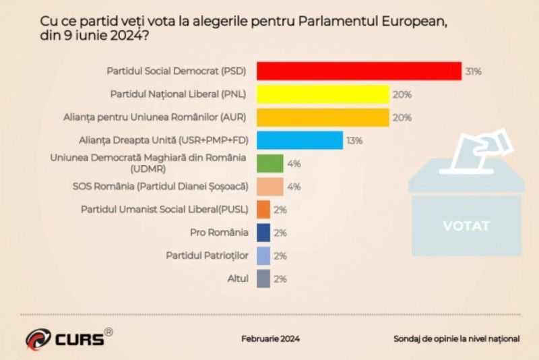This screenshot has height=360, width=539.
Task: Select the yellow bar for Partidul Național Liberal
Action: (323, 94)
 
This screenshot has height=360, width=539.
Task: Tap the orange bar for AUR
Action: (323, 117)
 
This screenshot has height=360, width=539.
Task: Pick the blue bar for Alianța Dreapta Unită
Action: (300, 140)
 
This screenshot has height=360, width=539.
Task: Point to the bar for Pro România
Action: (263, 233)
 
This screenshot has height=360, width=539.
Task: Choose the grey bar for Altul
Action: (263, 278)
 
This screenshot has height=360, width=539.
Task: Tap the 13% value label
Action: (355, 141)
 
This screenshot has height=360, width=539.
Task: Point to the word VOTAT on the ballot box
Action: (466, 226)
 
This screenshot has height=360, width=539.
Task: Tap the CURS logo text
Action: (78, 338)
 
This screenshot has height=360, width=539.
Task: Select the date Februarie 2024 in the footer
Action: (271, 338)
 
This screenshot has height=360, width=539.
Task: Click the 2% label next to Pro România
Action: (281, 233)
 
